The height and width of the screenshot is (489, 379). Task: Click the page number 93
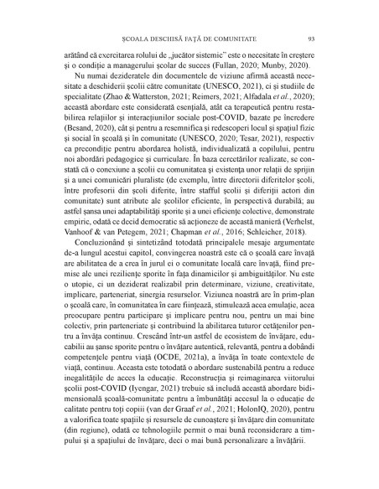click(x=310, y=38)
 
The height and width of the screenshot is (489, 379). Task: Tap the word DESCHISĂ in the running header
click(x=162, y=38)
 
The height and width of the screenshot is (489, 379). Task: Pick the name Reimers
click(x=206, y=99)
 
